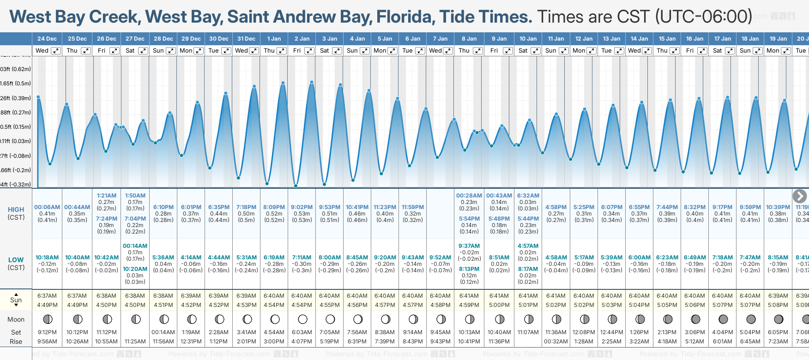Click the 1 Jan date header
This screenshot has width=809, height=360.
tap(274, 39)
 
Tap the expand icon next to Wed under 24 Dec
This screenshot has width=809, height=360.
tap(55, 51)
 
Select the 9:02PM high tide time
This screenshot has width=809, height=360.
tap(302, 207)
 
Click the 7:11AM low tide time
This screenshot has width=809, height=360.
tap(302, 258)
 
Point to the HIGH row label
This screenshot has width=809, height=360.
tap(16, 210)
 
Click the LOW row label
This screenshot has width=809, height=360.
tap(16, 260)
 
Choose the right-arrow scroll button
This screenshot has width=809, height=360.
tap(799, 196)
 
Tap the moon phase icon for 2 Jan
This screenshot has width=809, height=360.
tap(302, 319)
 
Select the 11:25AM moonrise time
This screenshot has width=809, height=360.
tap(135, 342)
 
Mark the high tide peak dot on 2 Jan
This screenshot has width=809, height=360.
tap(312, 82)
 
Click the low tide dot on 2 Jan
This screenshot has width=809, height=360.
tap(296, 186)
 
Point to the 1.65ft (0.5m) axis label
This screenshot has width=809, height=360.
tap(16, 84)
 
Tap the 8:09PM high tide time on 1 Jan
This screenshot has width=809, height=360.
tap(274, 207)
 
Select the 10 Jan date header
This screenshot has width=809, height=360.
tap(528, 39)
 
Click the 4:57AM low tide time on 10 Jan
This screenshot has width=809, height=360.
tap(528, 246)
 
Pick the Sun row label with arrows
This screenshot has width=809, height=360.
tap(16, 300)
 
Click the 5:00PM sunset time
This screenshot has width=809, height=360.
tap(499, 305)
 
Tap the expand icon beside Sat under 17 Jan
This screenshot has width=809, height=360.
tap(730, 51)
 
